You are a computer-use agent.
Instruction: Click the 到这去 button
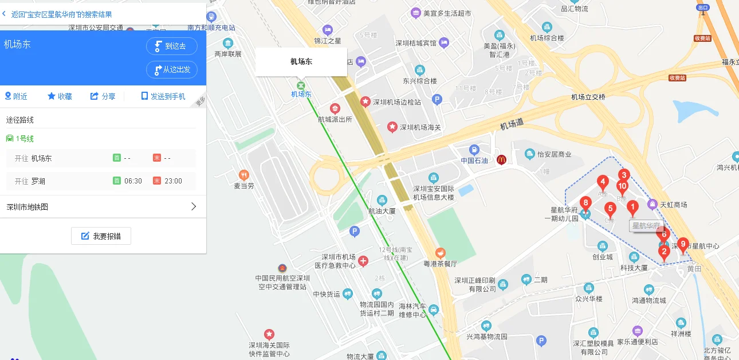[171, 46]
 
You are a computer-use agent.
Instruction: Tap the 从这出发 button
[171, 69]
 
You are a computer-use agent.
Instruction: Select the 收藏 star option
[60, 96]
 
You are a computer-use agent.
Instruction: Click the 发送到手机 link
[163, 96]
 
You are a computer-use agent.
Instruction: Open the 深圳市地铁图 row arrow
[193, 206]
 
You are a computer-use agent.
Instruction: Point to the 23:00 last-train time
[173, 181]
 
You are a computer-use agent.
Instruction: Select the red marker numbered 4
[602, 183]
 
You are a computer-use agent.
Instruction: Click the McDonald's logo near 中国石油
[501, 160]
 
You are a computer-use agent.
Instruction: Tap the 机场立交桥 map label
[588, 97]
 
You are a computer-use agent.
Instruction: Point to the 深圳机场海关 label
[420, 127]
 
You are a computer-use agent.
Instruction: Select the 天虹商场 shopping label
[673, 205]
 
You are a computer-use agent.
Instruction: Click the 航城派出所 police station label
[335, 119]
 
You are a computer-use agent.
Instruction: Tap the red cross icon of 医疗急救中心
[363, 261]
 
